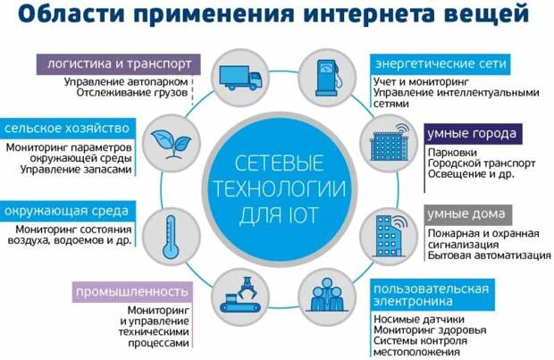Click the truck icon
tap(240, 78)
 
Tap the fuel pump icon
tap(328, 78)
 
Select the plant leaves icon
tap(171, 144)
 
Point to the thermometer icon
tap(171, 238)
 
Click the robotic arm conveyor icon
tap(240, 296)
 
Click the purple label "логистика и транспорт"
tap(119, 64)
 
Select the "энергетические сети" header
tap(441, 64)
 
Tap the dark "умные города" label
tap(473, 134)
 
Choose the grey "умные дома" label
tap(468, 214)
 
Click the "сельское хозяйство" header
tap(67, 129)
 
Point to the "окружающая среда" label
tap(67, 212)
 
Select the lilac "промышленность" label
tap(132, 292)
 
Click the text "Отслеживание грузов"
tap(132, 93)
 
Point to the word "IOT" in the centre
tap(300, 214)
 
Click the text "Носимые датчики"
tap(419, 319)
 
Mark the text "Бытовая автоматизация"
tap(490, 255)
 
